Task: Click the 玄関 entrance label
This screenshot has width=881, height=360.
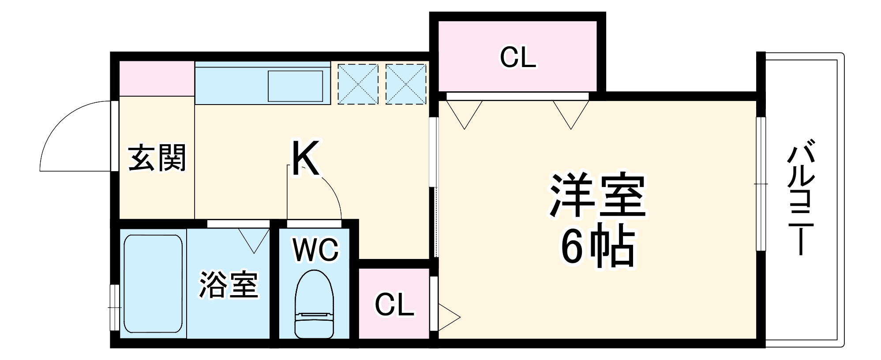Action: pos(157,158)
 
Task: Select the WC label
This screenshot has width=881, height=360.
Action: pos(316,250)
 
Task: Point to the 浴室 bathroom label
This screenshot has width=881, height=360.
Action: pos(228,284)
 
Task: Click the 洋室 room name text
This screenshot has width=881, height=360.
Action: pos(597,196)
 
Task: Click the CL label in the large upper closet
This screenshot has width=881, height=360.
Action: pos(518,57)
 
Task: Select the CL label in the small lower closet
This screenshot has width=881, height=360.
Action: pos(394,304)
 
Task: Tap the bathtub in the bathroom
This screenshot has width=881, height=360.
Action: pos(153,284)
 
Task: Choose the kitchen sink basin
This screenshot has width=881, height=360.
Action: pos(296,86)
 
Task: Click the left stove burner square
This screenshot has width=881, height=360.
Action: pos(358,84)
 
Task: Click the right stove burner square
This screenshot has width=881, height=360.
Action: pos(406,84)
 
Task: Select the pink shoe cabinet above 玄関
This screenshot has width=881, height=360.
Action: pos(157,79)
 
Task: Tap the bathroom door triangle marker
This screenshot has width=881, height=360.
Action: pos(254,240)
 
